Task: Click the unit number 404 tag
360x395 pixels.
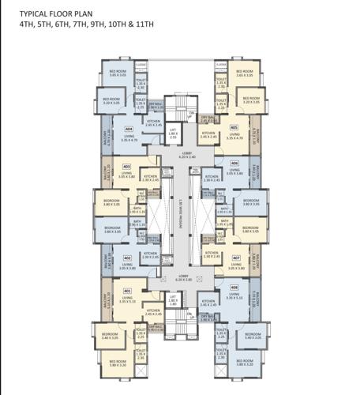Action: (x=129, y=129)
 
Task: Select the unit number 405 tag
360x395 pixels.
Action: (x=234, y=126)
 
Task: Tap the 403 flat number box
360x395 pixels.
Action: (x=126, y=167)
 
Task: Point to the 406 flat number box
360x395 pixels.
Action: (x=234, y=164)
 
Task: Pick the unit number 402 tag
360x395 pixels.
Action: (x=127, y=258)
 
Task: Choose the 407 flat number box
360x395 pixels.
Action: (x=235, y=258)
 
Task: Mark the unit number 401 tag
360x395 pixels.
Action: (x=127, y=290)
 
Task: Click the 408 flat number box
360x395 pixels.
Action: (x=234, y=288)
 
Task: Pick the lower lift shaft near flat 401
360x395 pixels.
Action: (x=173, y=300)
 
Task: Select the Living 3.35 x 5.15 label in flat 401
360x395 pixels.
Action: (x=128, y=299)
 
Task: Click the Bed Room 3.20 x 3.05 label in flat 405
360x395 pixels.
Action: (x=252, y=101)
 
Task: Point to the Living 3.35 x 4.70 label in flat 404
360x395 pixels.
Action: (x=129, y=138)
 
